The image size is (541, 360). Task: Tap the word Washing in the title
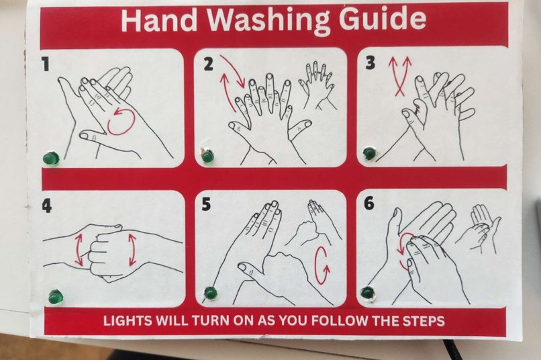[268, 21]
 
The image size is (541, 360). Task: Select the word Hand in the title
[159, 19]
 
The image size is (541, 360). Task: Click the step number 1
[45, 64]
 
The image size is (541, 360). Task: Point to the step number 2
[208, 64]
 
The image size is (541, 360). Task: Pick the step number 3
[370, 63]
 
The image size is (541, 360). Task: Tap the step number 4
[46, 206]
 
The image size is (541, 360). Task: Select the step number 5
[206, 204]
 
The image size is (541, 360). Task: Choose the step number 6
[368, 203]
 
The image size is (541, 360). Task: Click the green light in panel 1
[51, 159]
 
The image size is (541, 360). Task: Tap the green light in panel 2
[207, 156]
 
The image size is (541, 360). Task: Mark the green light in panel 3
[369, 153]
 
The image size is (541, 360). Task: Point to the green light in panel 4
[55, 298]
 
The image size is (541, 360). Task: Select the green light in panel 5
[210, 294]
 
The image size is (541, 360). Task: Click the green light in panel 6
[367, 293]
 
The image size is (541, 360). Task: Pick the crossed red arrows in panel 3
[400, 77]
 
